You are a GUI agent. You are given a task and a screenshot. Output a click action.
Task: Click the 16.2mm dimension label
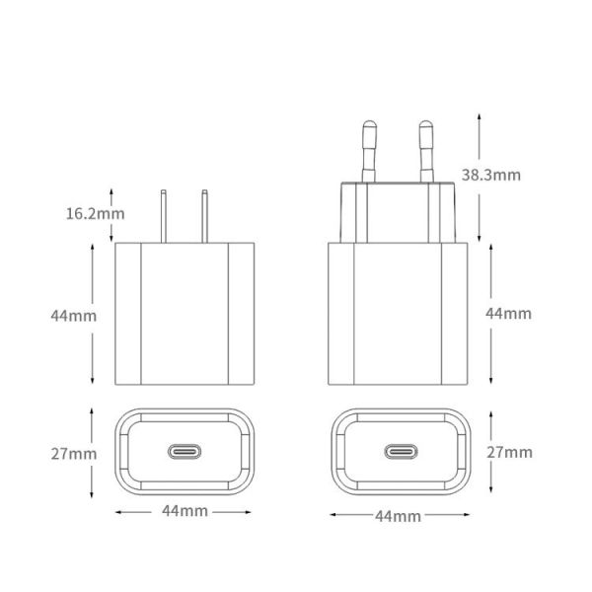[x=96, y=212]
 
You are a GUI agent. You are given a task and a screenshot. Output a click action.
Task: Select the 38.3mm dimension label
[x=490, y=175]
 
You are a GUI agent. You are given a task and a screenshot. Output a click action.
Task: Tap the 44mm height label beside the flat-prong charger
[x=74, y=316]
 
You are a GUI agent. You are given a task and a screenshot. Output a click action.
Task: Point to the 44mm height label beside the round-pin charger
[x=508, y=313]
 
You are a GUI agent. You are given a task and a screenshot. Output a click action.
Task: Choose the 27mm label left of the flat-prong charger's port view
[x=74, y=454]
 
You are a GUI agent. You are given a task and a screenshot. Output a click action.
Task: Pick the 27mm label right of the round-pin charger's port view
[x=510, y=452]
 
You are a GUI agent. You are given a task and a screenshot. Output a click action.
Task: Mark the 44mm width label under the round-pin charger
[x=398, y=516]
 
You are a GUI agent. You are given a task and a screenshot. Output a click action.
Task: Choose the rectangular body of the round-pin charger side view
[x=398, y=314]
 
